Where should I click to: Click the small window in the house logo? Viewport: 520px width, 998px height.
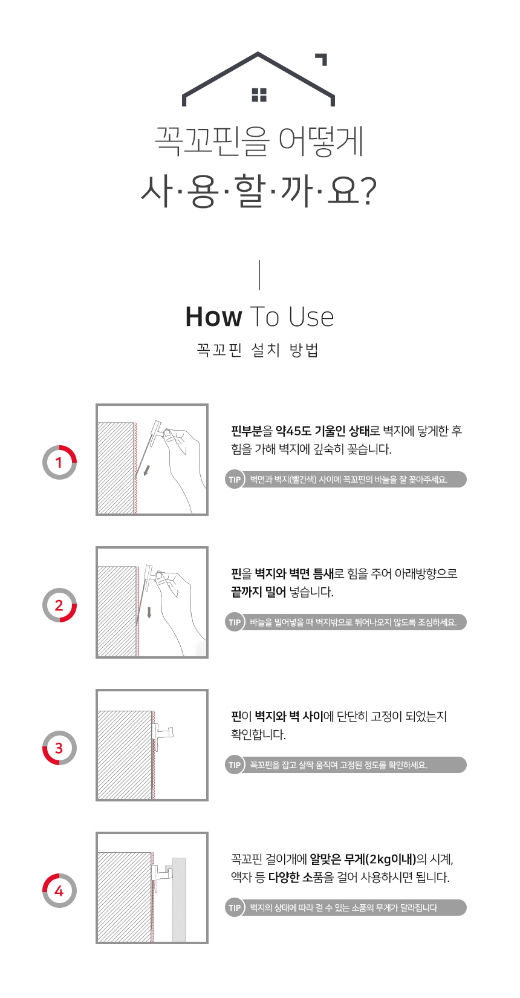click(x=259, y=95)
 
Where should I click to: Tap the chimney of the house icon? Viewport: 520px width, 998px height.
click(x=322, y=58)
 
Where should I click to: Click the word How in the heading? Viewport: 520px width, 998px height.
click(x=213, y=317)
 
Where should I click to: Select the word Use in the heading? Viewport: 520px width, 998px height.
click(x=311, y=317)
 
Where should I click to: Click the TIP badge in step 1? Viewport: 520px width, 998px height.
click(x=235, y=480)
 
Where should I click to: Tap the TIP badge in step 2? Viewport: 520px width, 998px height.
click(x=235, y=622)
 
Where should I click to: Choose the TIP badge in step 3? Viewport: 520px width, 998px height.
click(x=235, y=765)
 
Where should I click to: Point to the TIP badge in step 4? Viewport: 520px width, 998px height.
click(x=235, y=907)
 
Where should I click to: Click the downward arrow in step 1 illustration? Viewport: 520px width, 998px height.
click(x=146, y=471)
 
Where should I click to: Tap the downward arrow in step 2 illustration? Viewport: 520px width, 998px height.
click(x=149, y=612)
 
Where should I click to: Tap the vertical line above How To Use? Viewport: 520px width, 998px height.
click(x=259, y=275)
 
